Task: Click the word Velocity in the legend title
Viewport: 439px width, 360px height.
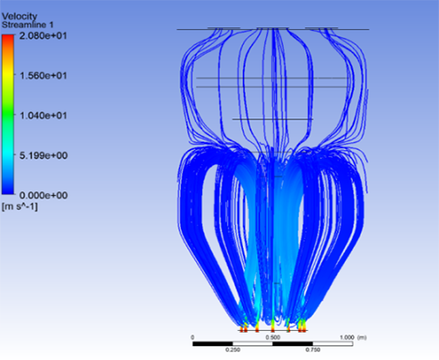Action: [x=19, y=16]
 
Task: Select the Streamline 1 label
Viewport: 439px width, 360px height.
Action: [x=27, y=25]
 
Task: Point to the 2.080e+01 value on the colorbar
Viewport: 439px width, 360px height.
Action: [x=43, y=36]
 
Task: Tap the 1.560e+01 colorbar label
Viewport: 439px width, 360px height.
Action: [x=43, y=76]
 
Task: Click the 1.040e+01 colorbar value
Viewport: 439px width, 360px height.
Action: [x=43, y=116]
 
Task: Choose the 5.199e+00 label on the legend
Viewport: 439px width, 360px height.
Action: [x=43, y=155]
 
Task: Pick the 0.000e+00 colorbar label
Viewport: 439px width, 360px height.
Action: [x=43, y=195]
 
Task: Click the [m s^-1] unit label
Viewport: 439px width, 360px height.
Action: [x=19, y=206]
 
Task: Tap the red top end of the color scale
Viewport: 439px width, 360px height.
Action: [x=8, y=38]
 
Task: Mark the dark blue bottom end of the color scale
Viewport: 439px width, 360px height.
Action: [x=8, y=191]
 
